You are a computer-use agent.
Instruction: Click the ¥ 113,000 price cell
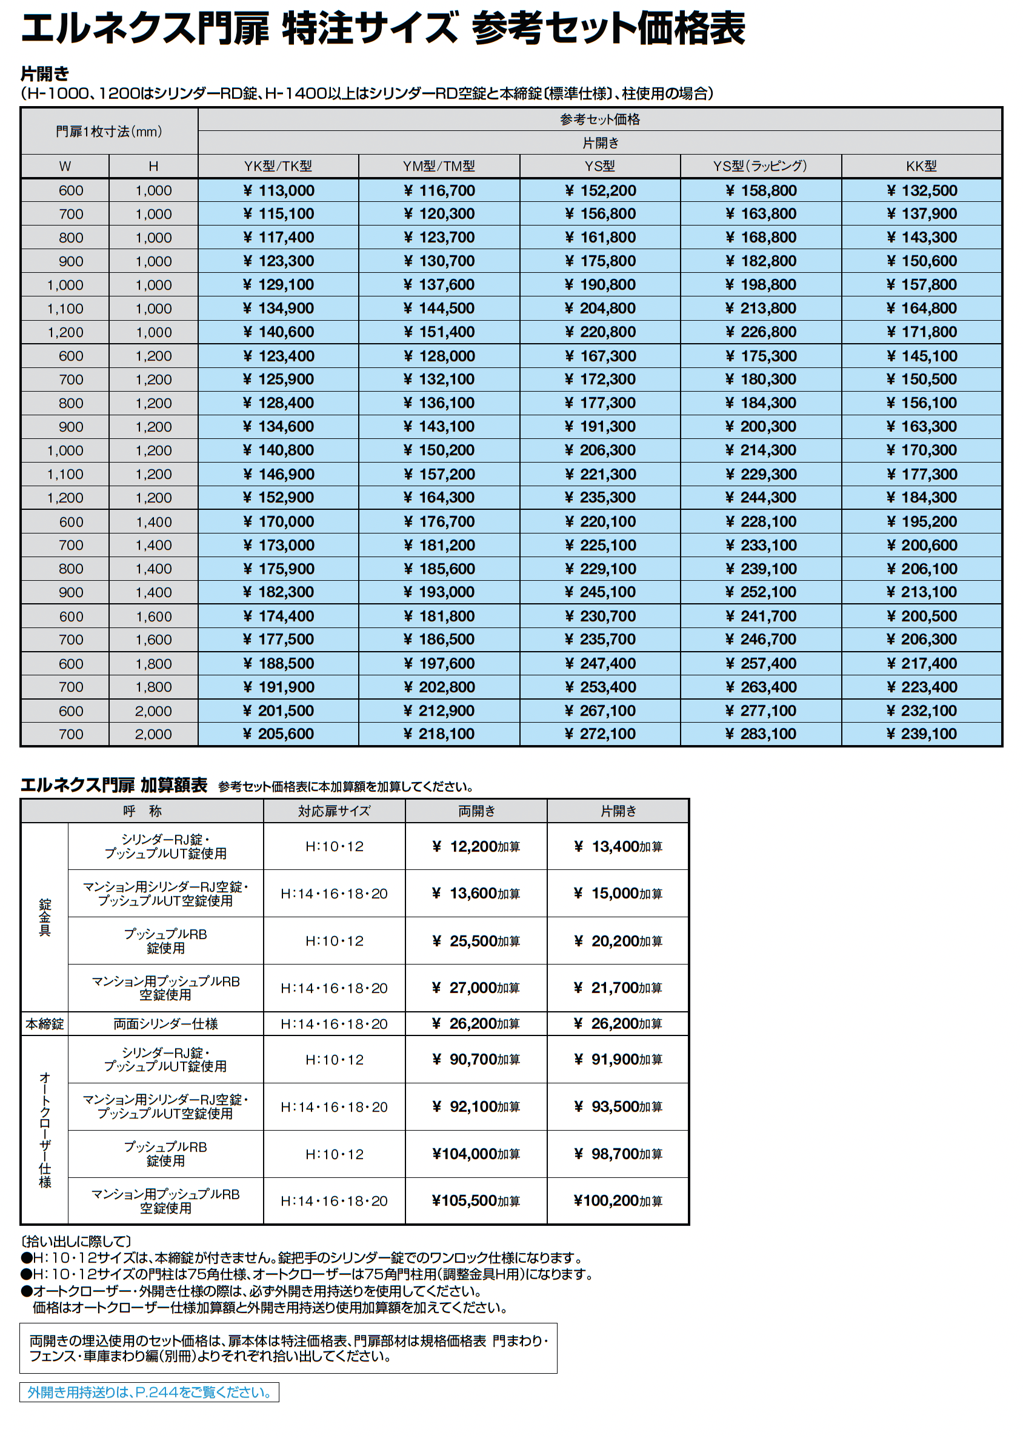click(x=278, y=190)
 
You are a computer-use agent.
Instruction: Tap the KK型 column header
click(x=921, y=166)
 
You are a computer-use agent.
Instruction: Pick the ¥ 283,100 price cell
click(x=761, y=734)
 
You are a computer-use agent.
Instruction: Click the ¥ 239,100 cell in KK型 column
click(x=922, y=734)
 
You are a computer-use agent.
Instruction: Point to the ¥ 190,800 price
click(x=600, y=285)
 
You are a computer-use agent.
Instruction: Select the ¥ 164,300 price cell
click(x=439, y=498)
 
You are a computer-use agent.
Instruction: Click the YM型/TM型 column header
click(x=439, y=166)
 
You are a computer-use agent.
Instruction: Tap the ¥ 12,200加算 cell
click(x=476, y=846)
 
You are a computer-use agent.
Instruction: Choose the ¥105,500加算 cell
click(x=476, y=1201)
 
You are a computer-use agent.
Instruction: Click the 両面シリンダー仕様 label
click(x=165, y=1024)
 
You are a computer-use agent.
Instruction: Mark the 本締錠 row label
click(x=45, y=1024)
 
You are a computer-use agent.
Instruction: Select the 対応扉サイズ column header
click(x=334, y=811)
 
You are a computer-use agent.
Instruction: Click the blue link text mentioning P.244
click(x=149, y=1392)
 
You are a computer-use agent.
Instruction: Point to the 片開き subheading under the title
click(x=45, y=74)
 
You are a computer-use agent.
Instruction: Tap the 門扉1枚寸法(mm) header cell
click(x=109, y=131)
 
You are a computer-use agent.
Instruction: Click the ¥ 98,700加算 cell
click(x=618, y=1154)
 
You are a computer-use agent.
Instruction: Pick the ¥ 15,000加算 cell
click(x=618, y=894)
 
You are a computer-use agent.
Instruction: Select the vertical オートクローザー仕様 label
click(x=45, y=1130)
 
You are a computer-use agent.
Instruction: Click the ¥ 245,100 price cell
click(x=600, y=592)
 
